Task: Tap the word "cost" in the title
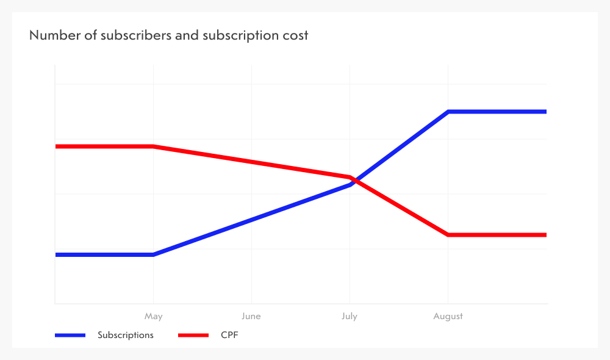point(295,35)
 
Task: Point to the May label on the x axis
point(153,316)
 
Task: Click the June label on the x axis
point(251,316)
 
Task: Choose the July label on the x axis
point(350,316)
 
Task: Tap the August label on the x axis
point(448,316)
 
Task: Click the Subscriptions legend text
point(126,335)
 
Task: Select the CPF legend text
point(229,335)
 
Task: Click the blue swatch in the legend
point(70,335)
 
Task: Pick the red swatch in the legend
point(193,335)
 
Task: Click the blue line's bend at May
point(153,254)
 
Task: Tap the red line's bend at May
point(153,146)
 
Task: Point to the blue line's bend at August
point(448,112)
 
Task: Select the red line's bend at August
point(448,235)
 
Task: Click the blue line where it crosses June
point(251,220)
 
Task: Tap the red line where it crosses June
point(251,162)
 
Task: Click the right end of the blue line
point(545,112)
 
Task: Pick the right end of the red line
point(545,235)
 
